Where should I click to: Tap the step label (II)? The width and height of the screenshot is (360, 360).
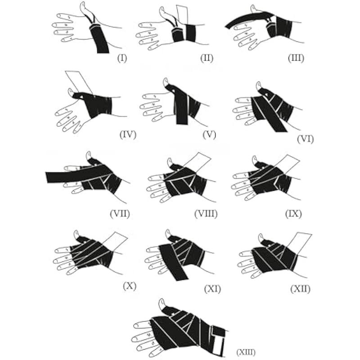tap(207, 58)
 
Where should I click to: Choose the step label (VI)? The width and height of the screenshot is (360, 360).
tap(305, 139)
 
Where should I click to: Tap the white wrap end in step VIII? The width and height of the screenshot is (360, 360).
tap(198, 162)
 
